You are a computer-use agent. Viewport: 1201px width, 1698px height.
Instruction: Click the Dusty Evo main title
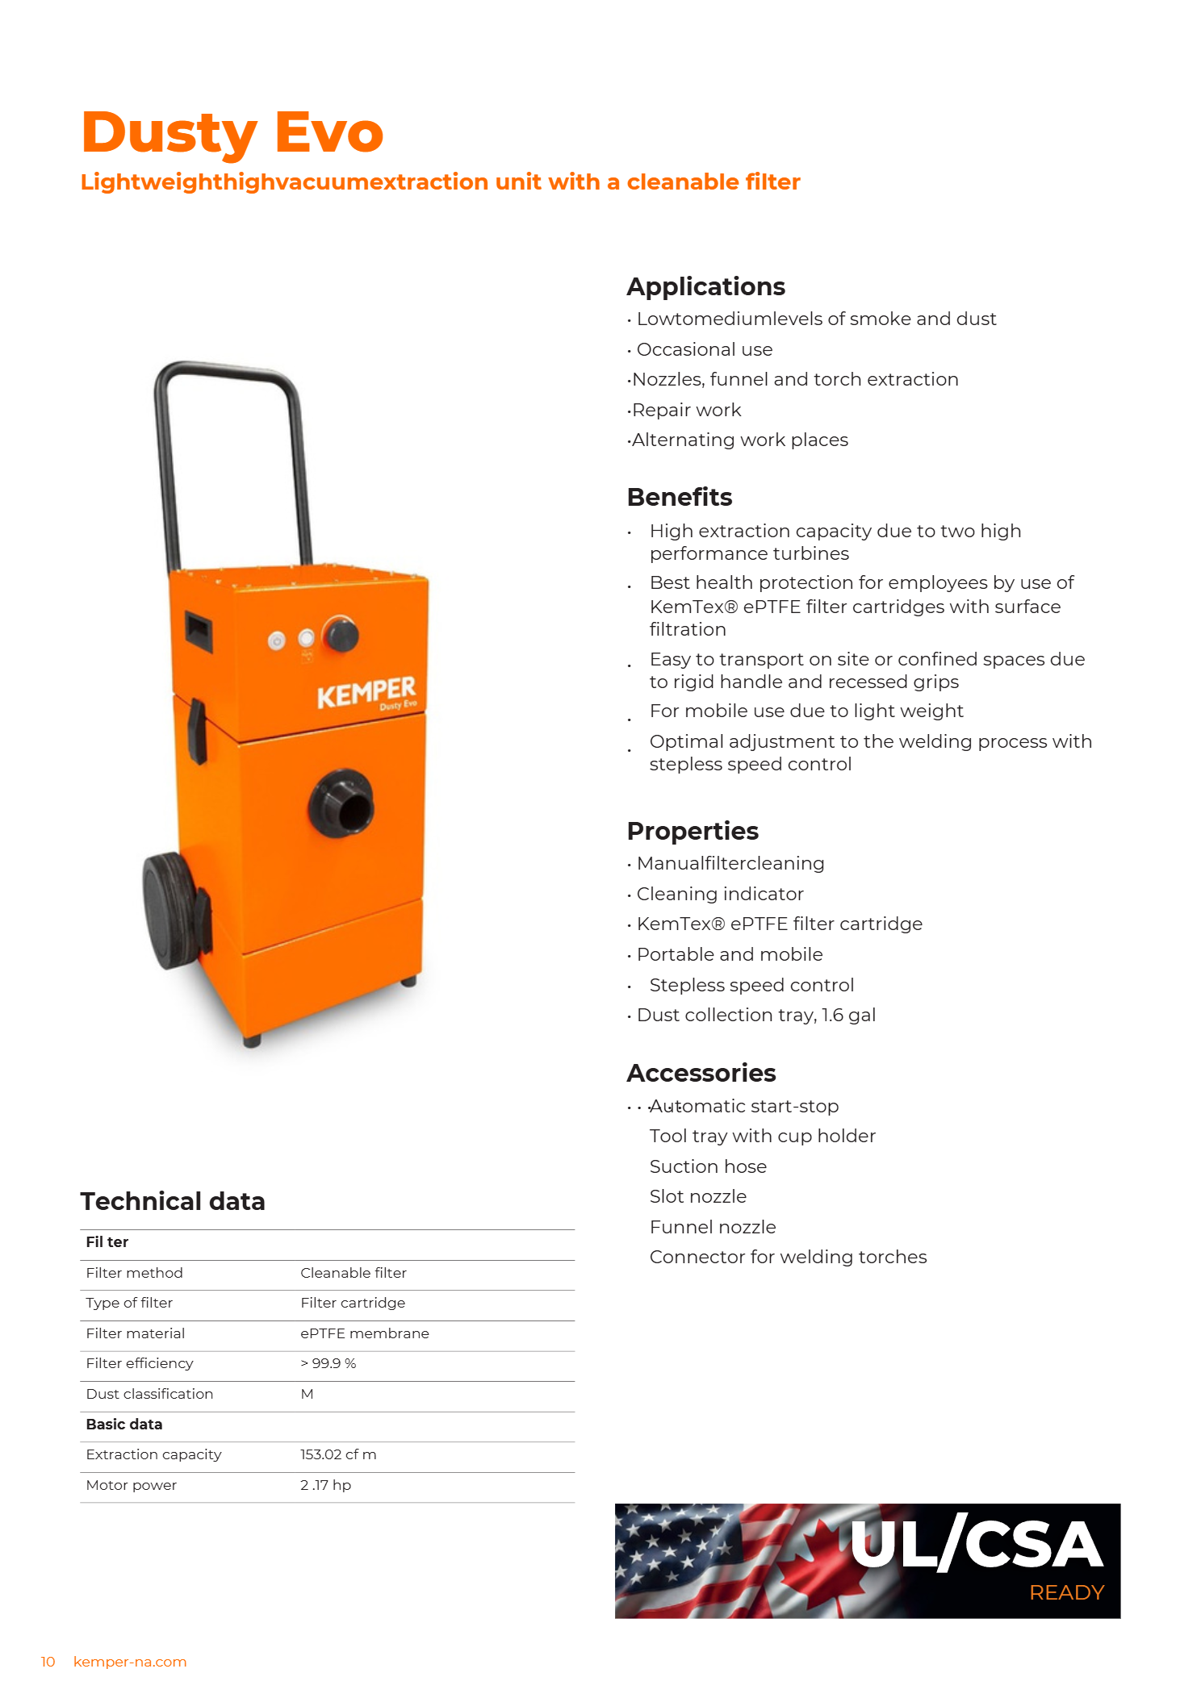tap(232, 132)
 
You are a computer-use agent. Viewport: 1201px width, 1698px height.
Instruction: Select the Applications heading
tap(705, 286)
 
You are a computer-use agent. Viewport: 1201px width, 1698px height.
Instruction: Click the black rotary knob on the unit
tap(341, 635)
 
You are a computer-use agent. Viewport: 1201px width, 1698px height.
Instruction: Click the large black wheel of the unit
tap(169, 910)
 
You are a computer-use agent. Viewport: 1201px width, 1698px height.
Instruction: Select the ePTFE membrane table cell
tap(364, 1333)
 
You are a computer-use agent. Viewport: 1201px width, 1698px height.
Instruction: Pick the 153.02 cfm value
tap(337, 1454)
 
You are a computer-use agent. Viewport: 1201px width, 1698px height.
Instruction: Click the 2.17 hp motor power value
tap(325, 1485)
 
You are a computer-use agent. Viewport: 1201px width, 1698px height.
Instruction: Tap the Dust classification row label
tap(149, 1394)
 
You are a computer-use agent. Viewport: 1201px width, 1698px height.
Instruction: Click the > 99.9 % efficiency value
tap(328, 1363)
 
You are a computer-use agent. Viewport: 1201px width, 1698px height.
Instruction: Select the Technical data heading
tap(173, 1201)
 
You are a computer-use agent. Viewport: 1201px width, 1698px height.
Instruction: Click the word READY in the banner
tap(1065, 1592)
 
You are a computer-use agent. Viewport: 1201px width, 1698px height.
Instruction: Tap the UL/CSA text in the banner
tap(976, 1544)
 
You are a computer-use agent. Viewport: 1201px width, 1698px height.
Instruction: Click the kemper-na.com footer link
tap(129, 1662)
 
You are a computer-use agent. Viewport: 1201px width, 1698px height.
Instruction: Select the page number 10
tap(48, 1662)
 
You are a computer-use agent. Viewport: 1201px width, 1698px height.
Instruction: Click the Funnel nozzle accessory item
tap(712, 1227)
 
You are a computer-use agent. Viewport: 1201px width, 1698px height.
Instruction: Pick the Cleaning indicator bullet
tap(719, 894)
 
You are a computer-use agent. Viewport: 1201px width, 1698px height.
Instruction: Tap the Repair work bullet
tap(686, 410)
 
